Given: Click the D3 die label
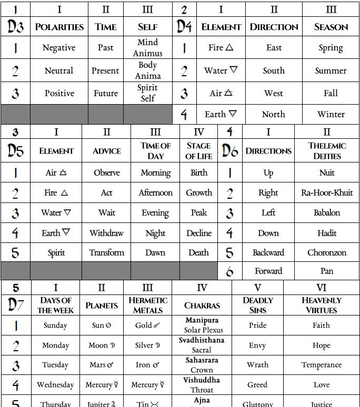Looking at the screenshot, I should point(15,26).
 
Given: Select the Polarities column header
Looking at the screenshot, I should point(59,27).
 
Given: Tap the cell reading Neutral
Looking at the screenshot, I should point(59,70).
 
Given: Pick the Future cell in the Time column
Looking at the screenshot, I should point(105,93).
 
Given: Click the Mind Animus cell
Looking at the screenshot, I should point(148,47).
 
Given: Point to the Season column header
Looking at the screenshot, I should point(331,27).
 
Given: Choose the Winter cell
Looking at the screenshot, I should point(331,114).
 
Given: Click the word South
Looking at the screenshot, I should point(274,70).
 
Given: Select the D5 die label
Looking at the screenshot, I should point(16,151).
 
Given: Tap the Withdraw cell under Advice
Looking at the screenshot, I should point(106,233).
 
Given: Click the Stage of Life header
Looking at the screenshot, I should point(198,151).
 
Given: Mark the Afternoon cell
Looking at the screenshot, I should point(155,193).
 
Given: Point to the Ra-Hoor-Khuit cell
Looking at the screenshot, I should point(327,193).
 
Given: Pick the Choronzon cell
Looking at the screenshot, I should point(327,253).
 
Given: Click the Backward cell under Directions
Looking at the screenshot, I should point(268,253).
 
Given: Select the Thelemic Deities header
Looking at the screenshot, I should point(327,151).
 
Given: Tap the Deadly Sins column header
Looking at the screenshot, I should point(258,305).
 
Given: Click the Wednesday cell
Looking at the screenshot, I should point(55,385).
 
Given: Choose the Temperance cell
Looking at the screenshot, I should point(321,365).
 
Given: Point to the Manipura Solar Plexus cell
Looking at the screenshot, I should point(202,325).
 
